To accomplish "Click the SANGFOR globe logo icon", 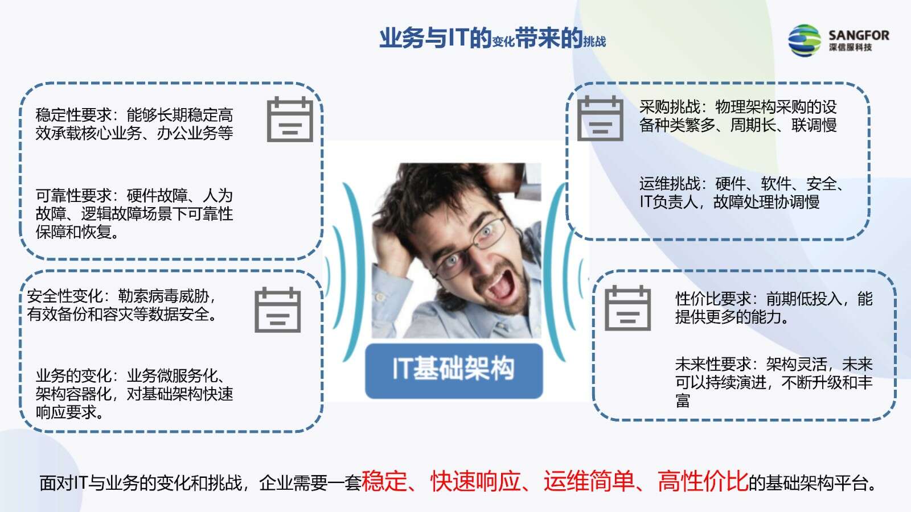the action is point(804,40).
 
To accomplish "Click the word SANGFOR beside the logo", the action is point(859,35).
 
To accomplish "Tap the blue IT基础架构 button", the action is point(454,370).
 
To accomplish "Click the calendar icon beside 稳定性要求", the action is point(290,119).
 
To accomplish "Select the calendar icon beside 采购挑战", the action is point(600,118).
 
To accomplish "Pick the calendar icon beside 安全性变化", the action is point(278,309).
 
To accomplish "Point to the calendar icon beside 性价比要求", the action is point(628,308).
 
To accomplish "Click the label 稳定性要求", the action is point(73,115).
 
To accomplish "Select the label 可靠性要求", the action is point(73,196).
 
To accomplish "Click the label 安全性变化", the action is point(65,296).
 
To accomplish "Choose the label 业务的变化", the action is point(73,375).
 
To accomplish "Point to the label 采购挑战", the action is point(670,107).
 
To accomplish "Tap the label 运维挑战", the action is point(670,184).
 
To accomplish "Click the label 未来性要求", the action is point(713,364).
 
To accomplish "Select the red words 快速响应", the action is point(475,481).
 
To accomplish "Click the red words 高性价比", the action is point(703,481).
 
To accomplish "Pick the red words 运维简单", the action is point(589,481).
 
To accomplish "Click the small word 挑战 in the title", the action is point(594,42).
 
